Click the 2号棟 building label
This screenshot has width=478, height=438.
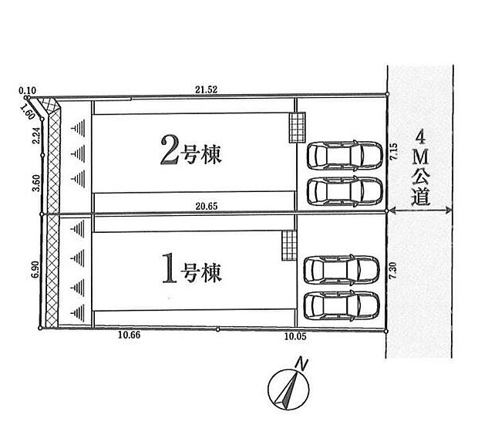190,153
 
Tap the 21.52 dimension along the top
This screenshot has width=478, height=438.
206,90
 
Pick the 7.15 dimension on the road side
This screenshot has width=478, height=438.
392,152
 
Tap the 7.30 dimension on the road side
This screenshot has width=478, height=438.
392,269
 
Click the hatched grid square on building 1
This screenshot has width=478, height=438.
288,245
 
